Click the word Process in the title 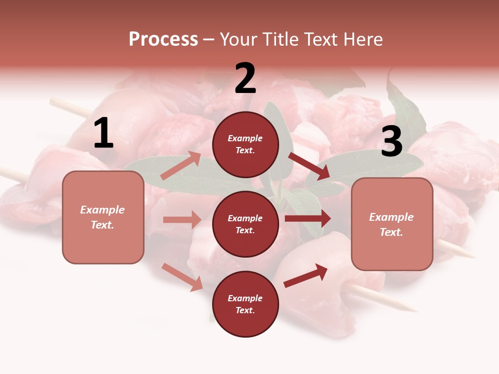pos(163,39)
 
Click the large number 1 pos(103,133)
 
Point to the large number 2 pos(245,78)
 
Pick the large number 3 pos(391,142)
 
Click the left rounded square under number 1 pos(103,217)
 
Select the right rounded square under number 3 pos(392,224)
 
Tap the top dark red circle pos(245,144)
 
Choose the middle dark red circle pos(245,224)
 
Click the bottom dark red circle pos(245,304)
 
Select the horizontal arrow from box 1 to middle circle pos(182,220)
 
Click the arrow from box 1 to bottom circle pos(182,276)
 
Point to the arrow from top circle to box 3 pos(309,166)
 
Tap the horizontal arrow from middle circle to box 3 pos(308,219)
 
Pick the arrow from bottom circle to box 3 pos(306,275)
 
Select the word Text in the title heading pos(320,39)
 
